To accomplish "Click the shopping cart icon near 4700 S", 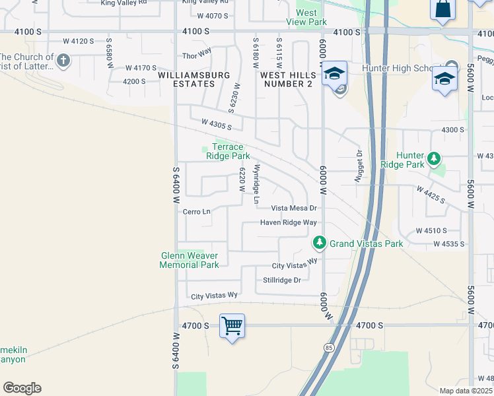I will pyautogui.click(x=232, y=325).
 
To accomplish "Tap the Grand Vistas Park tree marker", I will pyautogui.click(x=320, y=244).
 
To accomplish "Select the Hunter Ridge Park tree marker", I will pyautogui.click(x=434, y=158).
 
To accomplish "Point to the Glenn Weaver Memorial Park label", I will pyautogui.click(x=190, y=260).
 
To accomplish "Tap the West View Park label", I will pyautogui.click(x=306, y=17).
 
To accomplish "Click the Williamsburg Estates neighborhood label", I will pyautogui.click(x=195, y=79).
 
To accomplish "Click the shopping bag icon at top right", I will pyautogui.click(x=442, y=9).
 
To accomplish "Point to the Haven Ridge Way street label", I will pyautogui.click(x=288, y=222).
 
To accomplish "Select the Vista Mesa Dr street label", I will pyautogui.click(x=294, y=208).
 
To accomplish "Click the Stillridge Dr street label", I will pyautogui.click(x=282, y=280).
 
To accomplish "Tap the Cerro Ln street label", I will pyautogui.click(x=197, y=212).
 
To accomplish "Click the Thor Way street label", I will pyautogui.click(x=197, y=50).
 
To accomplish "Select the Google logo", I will pyautogui.click(x=22, y=388).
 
